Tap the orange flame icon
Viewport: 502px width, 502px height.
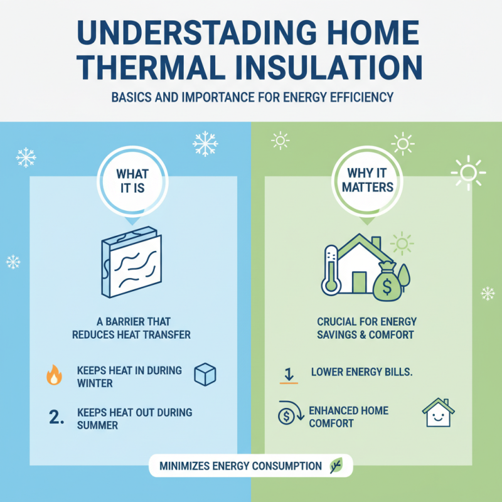coord(54,375)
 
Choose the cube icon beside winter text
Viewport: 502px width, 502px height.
coord(205,374)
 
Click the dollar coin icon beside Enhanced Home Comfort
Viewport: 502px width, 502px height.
coord(286,415)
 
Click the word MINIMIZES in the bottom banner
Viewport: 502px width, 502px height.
coord(183,466)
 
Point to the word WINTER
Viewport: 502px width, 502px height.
coord(95,382)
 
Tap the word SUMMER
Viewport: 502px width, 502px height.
coord(98,425)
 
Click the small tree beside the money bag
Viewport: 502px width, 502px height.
coord(402,277)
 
